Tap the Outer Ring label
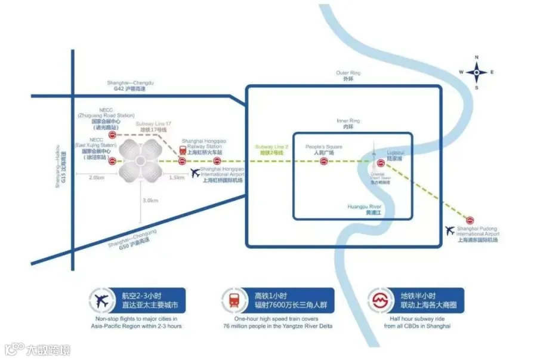[x=348, y=76]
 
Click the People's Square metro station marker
[x=324, y=161]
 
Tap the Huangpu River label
[x=364, y=210]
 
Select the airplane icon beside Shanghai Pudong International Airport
[x=450, y=230]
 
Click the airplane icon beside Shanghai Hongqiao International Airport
[x=195, y=173]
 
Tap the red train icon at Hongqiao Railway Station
[x=183, y=150]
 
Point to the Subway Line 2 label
[x=272, y=150]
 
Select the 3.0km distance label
[x=150, y=201]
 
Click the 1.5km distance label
[x=177, y=178]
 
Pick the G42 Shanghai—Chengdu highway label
[x=131, y=86]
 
